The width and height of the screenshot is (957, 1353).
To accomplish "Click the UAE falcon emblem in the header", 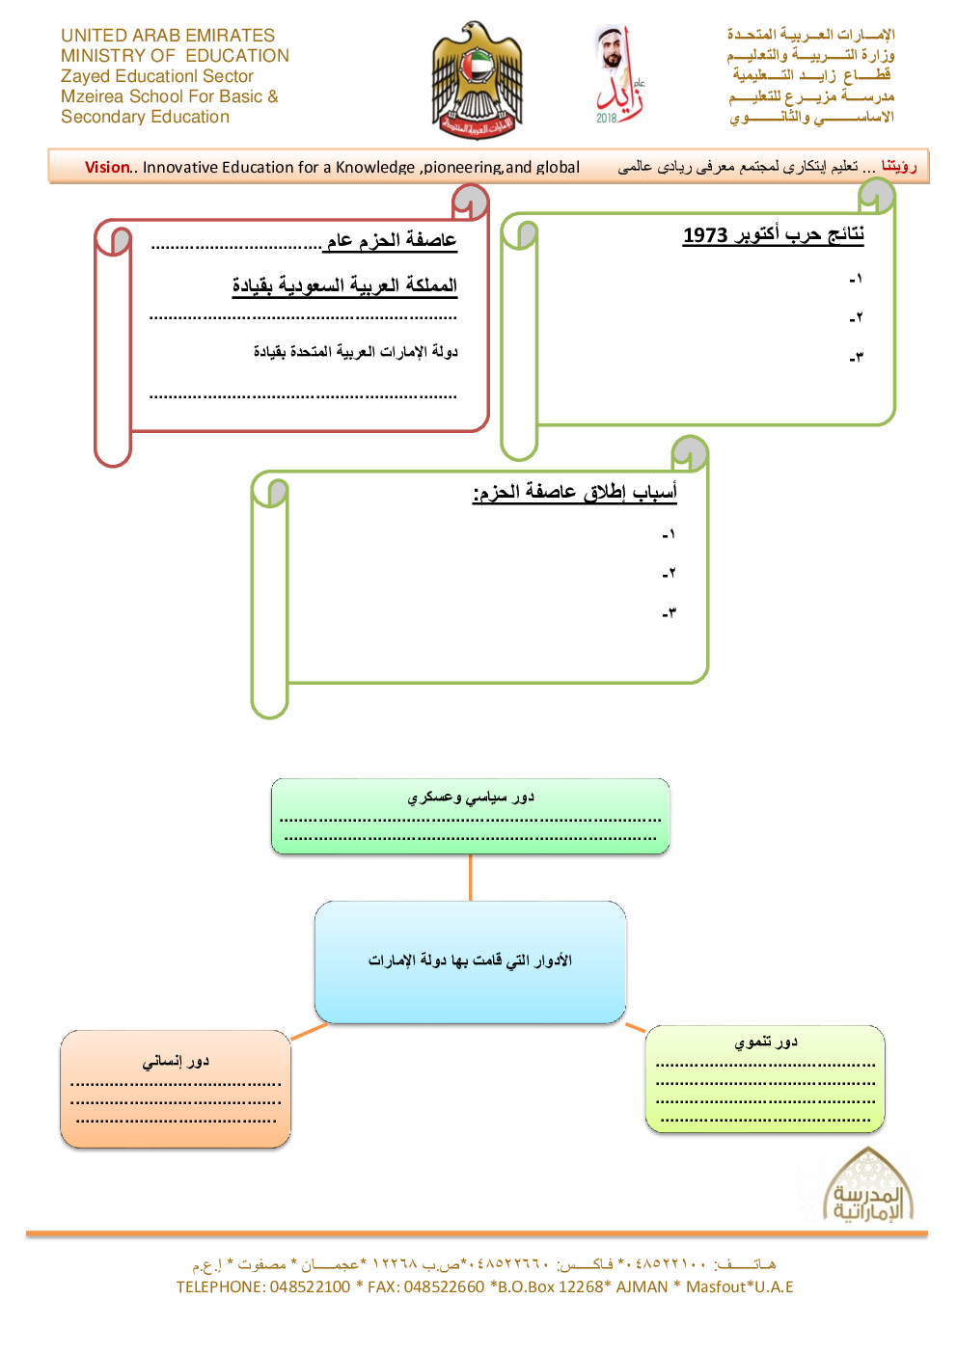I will click(x=477, y=81).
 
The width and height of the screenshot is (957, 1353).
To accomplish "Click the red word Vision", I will click(x=106, y=167).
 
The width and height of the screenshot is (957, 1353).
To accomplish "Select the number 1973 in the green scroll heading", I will click(x=705, y=235).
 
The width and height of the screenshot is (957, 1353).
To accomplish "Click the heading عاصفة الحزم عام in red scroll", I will click(x=391, y=240).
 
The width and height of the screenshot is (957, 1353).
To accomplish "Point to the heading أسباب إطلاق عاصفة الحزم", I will click(x=575, y=492).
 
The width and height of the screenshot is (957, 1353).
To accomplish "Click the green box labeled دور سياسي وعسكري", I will click(x=470, y=816).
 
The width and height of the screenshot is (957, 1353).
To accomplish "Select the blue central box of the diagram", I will click(x=470, y=961).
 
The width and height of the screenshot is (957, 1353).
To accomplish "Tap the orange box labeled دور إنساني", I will click(x=176, y=1088).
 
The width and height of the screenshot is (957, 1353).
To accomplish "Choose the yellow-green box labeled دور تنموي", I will click(x=765, y=1078).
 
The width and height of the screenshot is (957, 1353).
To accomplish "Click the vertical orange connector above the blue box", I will click(x=470, y=877).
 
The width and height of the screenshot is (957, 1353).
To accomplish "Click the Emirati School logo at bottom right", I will click(x=868, y=1187).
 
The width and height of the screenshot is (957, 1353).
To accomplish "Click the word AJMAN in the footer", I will click(x=642, y=1286).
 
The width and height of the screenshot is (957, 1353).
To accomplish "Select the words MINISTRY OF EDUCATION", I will click(x=175, y=56).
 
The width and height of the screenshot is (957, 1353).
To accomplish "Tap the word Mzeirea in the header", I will click(x=92, y=96).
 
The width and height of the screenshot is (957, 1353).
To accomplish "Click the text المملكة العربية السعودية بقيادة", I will click(x=344, y=285).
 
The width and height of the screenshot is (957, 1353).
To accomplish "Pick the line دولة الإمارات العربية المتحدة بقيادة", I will click(x=355, y=351).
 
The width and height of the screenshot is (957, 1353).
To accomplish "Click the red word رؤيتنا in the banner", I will click(x=898, y=166).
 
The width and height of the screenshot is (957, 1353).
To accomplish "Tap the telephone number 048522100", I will click(x=310, y=1286).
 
